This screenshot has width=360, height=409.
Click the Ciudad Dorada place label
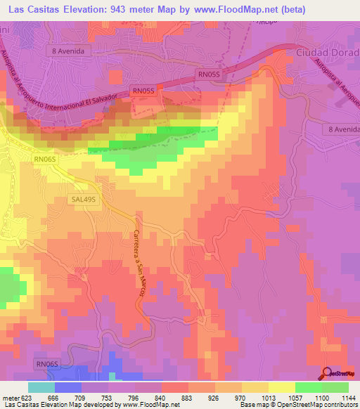point(328,52)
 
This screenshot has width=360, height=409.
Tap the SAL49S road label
point(83,199)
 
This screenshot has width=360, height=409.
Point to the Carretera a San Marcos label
point(140,266)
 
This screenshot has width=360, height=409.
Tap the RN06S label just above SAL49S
point(44,160)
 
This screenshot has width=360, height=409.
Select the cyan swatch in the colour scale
point(41,387)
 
